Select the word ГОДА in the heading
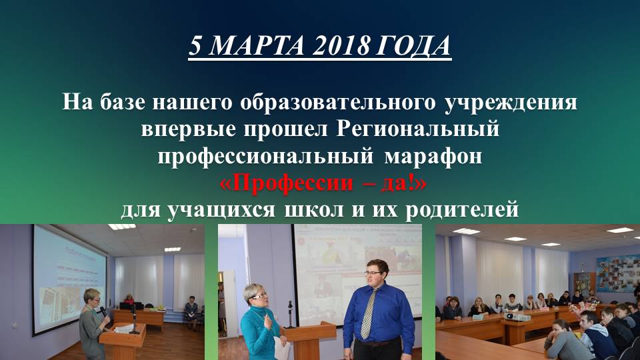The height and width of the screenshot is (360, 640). point(415,46)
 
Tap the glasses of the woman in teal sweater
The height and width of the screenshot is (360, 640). point(257,293)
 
